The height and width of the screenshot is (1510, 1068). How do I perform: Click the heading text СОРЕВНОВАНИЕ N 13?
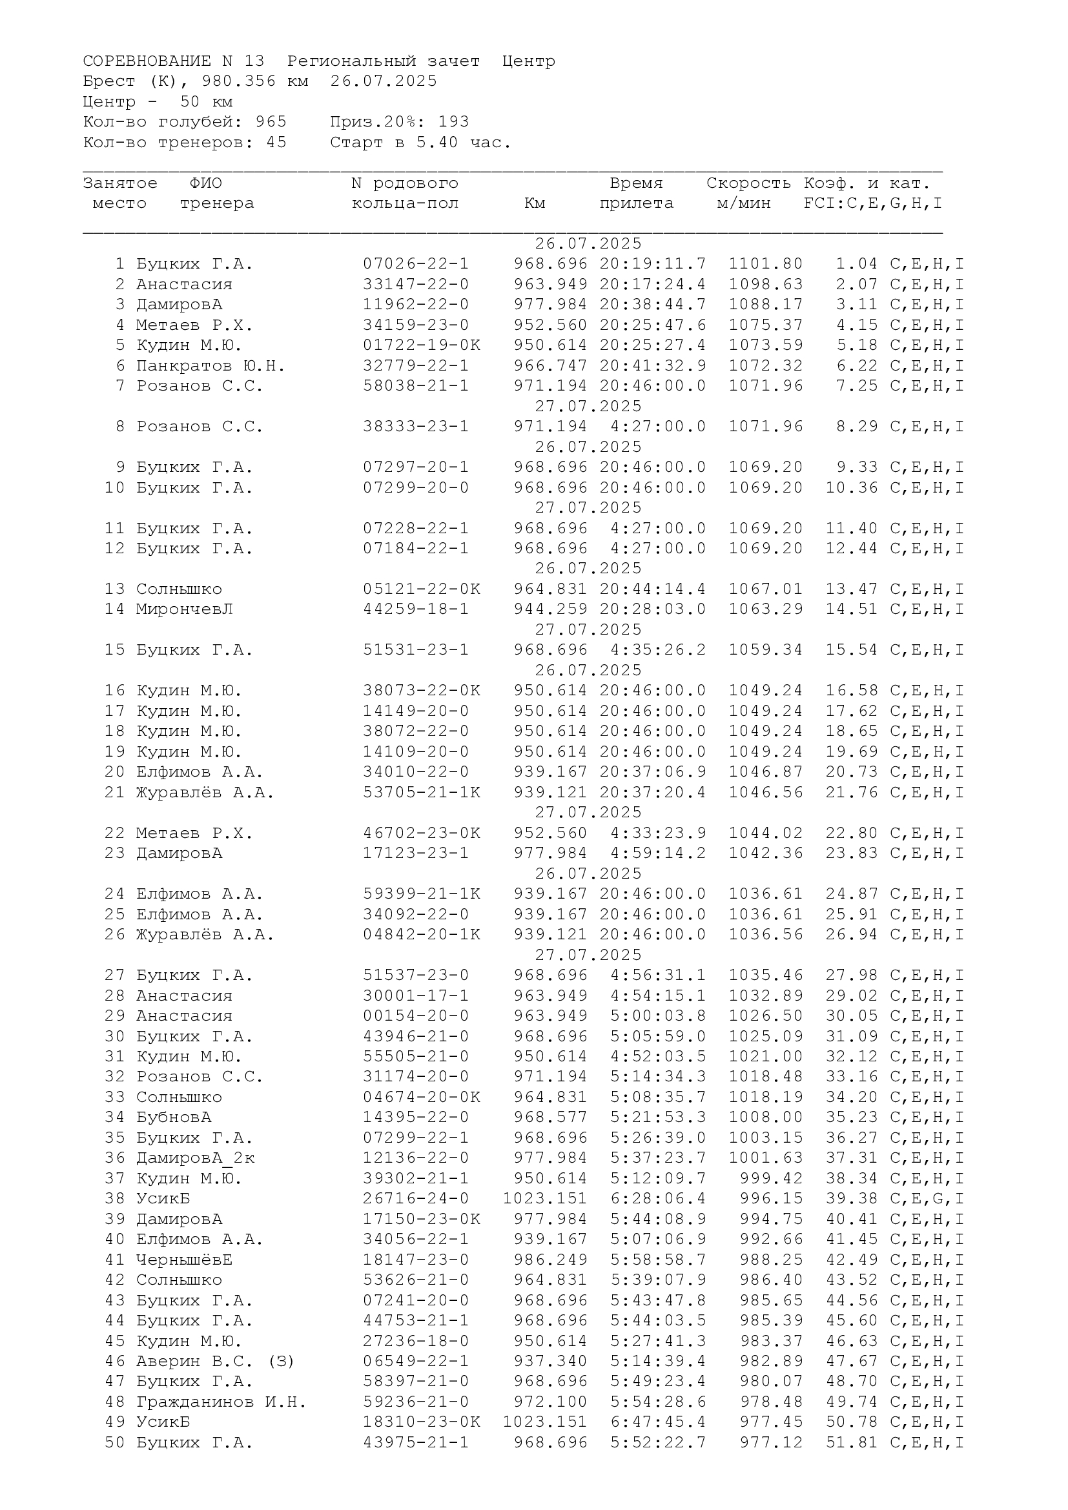(174, 61)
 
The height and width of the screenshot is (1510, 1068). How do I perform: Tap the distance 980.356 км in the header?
(254, 81)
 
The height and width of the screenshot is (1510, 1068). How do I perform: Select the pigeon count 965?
(271, 121)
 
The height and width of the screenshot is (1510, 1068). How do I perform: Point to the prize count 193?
(453, 121)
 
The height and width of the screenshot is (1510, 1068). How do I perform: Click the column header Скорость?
(748, 183)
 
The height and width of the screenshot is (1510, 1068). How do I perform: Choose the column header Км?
(535, 203)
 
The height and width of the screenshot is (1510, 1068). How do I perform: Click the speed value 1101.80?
(766, 264)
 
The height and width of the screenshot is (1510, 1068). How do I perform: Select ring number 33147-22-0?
(416, 284)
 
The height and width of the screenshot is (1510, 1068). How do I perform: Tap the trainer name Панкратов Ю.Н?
(211, 365)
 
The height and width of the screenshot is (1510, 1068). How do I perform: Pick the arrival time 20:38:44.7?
(652, 305)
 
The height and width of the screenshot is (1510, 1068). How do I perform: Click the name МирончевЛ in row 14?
(184, 609)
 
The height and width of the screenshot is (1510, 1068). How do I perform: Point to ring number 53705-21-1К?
(422, 793)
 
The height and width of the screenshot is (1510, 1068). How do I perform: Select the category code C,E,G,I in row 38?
(927, 1198)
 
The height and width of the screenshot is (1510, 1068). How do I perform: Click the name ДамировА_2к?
(195, 1158)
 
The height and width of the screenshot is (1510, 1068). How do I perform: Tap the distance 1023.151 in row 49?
(544, 1421)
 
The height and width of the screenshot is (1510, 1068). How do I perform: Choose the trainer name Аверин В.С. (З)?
(215, 1361)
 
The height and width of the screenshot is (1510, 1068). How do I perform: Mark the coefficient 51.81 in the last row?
(852, 1442)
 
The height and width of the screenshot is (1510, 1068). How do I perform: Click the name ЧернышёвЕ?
(184, 1260)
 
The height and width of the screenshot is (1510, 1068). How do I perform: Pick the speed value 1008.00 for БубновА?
(766, 1117)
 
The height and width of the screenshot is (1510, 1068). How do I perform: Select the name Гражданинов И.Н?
(221, 1402)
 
